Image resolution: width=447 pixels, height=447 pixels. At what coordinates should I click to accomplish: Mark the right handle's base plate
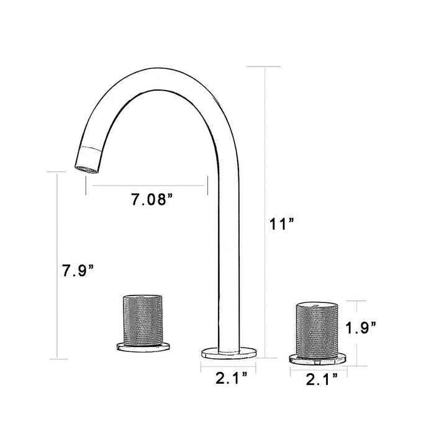tap(318, 359)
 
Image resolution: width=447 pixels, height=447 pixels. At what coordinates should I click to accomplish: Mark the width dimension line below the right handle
tap(318, 368)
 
